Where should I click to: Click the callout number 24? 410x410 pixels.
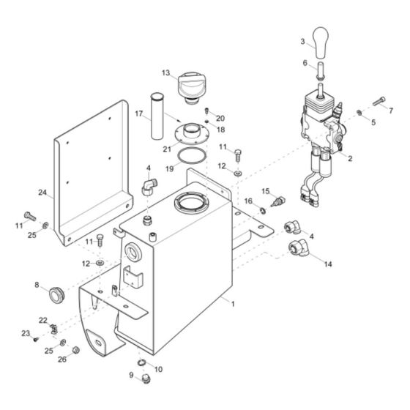pyautogui.click(x=42, y=193)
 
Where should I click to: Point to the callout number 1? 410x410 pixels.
pyautogui.click(x=233, y=303)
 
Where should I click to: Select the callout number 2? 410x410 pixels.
pyautogui.click(x=350, y=158)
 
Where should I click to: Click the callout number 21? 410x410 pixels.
pyautogui.click(x=166, y=149)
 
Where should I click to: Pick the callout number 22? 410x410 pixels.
pyautogui.click(x=43, y=320)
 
